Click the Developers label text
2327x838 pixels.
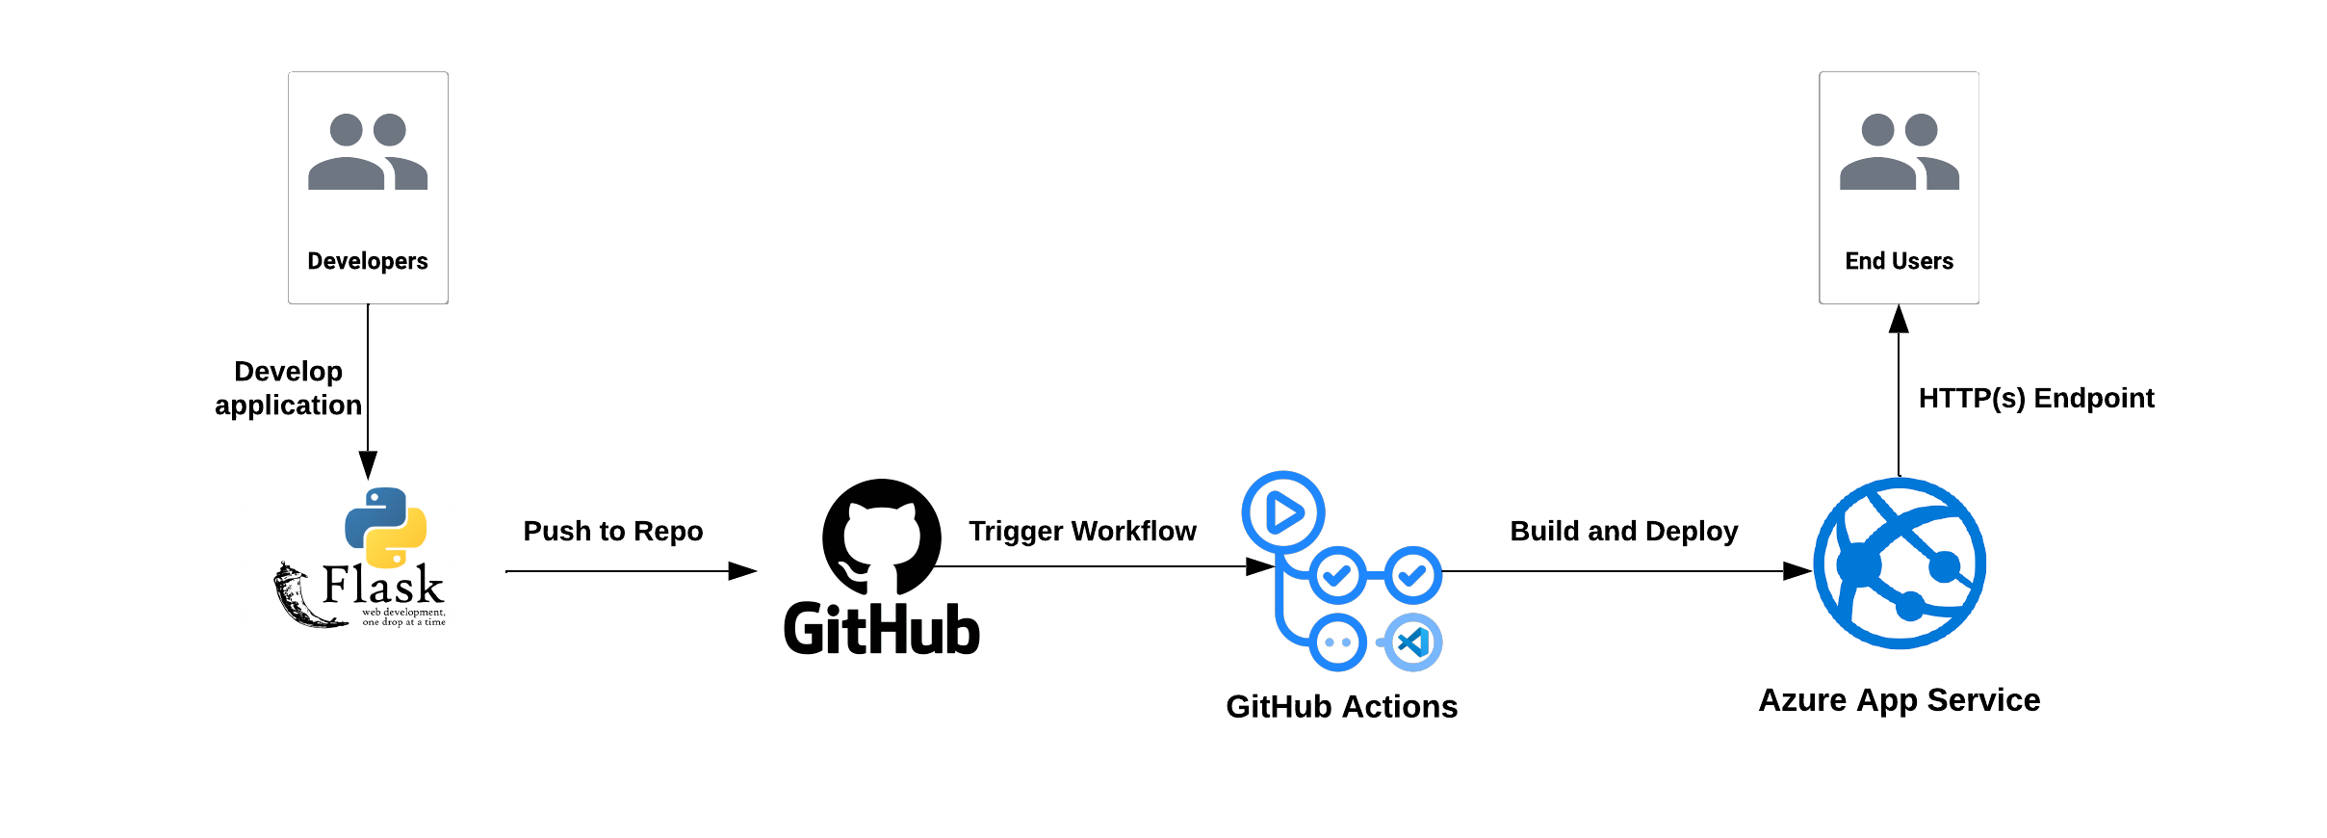pyautogui.click(x=368, y=261)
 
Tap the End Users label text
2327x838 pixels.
pyautogui.click(x=1899, y=261)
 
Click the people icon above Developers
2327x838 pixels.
pyautogui.click(x=368, y=151)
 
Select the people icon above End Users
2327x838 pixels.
pyautogui.click(x=1899, y=151)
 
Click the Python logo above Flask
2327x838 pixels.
pyautogui.click(x=386, y=527)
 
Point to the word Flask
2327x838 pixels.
pyautogui.click(x=382, y=585)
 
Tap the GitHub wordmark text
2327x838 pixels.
pyautogui.click(x=882, y=630)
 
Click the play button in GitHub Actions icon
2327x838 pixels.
pyautogui.click(x=1283, y=512)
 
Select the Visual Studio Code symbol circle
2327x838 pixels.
pyautogui.click(x=1412, y=642)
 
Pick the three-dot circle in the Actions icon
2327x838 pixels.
pyautogui.click(x=1337, y=642)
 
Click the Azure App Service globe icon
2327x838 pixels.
pyautogui.click(x=1899, y=563)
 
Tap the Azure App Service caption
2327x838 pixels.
pyautogui.click(x=1899, y=700)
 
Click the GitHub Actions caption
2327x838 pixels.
pyautogui.click(x=1341, y=707)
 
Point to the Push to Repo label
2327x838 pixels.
pyautogui.click(x=613, y=531)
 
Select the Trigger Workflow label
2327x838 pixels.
pyautogui.click(x=1082, y=531)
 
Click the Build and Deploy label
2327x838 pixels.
pyautogui.click(x=1623, y=531)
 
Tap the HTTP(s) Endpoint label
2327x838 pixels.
pyautogui.click(x=2035, y=398)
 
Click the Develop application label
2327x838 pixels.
pyautogui.click(x=288, y=388)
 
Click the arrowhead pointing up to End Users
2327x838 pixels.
pyautogui.click(x=1899, y=319)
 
